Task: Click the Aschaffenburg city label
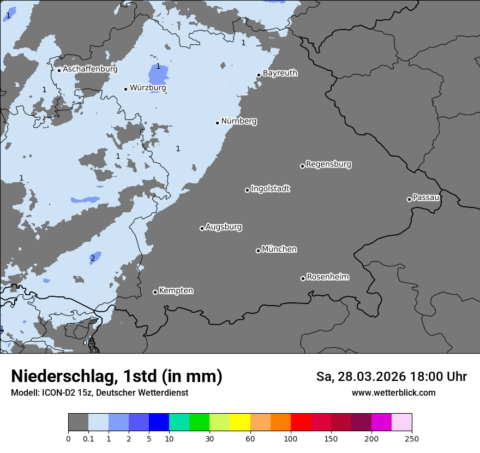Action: [x=90, y=69]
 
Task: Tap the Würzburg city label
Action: [x=148, y=88]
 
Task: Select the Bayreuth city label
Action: [x=280, y=73]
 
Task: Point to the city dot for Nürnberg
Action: [x=217, y=123]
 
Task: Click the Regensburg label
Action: [x=328, y=164]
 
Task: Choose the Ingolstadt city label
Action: [x=270, y=189]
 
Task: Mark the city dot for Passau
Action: [x=409, y=199]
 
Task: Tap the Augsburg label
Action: [x=223, y=227]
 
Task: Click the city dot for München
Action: [x=258, y=251]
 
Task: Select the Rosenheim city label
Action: [x=327, y=277]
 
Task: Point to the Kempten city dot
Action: [x=155, y=292]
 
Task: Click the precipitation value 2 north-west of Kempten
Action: [x=93, y=258]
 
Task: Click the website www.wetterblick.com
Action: [x=393, y=393]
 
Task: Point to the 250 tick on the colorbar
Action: [x=411, y=438]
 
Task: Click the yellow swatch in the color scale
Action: [x=240, y=422]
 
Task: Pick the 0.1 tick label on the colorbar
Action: [x=88, y=438]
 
